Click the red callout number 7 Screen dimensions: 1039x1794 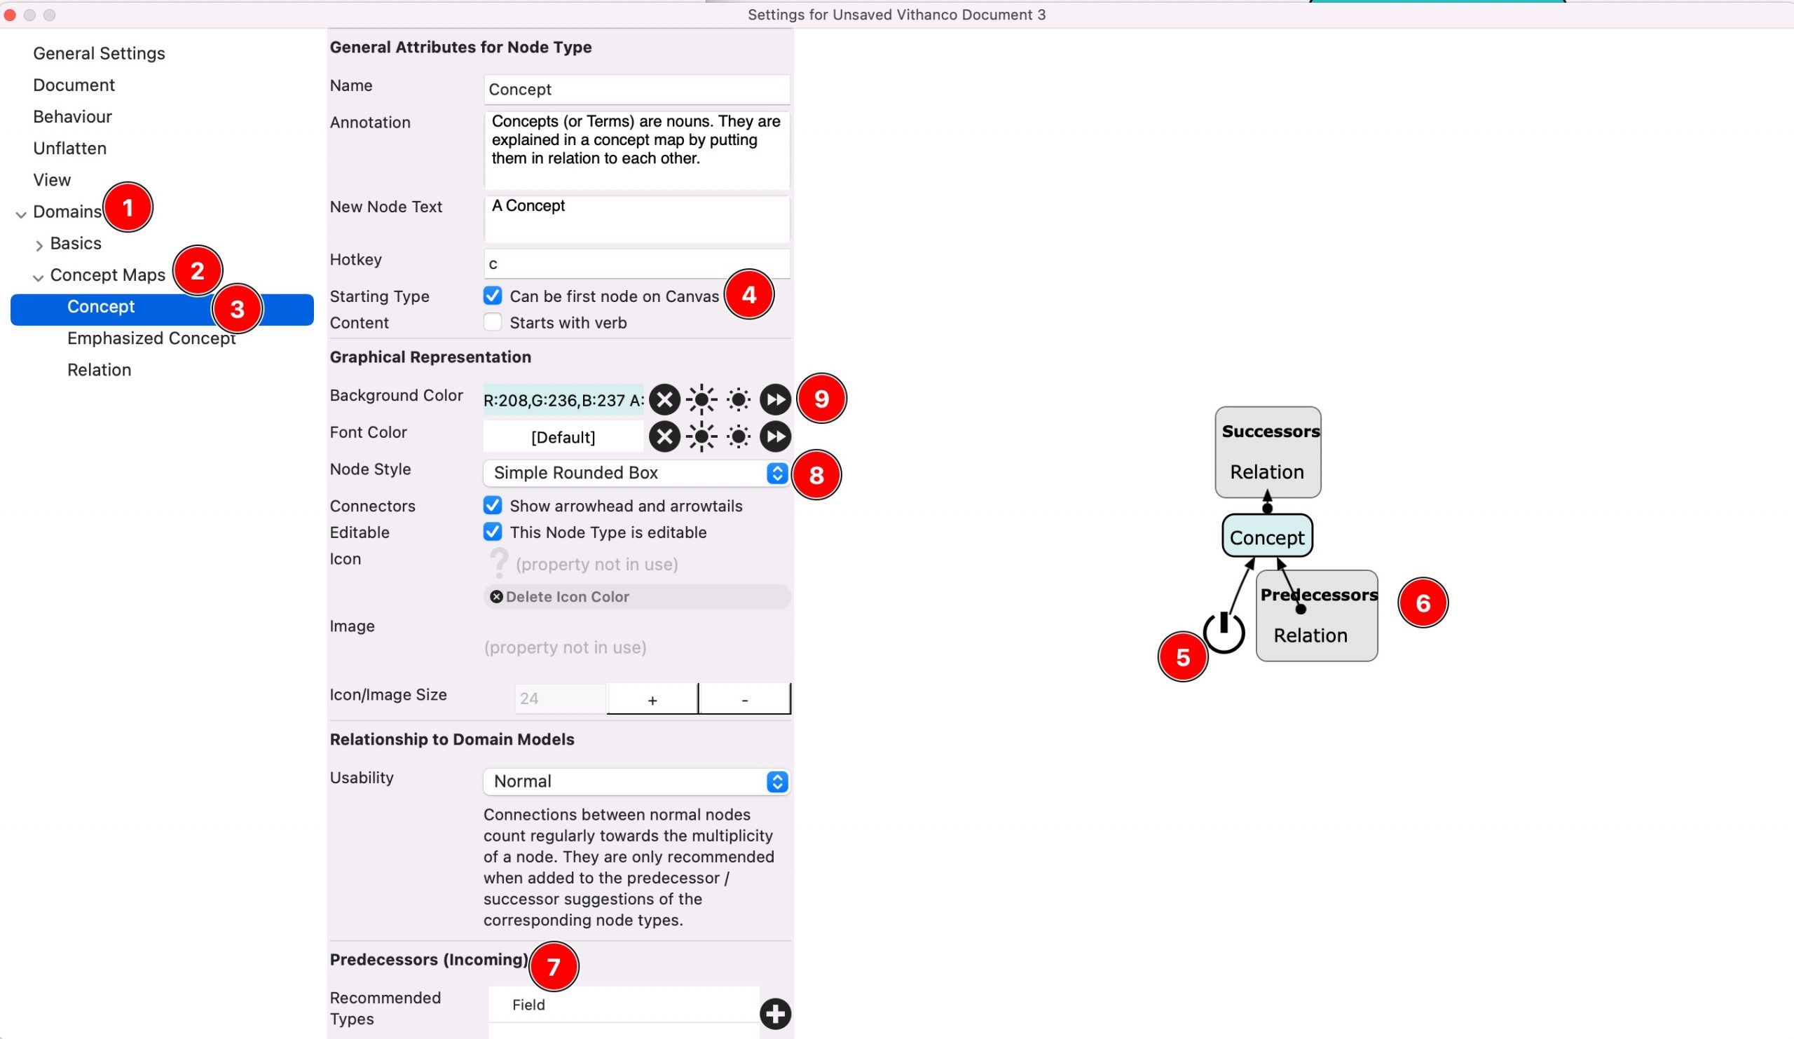[x=553, y=965]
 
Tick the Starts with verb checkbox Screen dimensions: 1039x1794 [x=492, y=322]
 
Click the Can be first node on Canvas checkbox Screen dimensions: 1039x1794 [x=492, y=296]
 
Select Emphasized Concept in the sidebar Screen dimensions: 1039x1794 [x=151, y=338]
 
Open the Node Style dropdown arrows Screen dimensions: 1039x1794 [x=776, y=472]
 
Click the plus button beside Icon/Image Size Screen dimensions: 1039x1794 [x=652, y=699]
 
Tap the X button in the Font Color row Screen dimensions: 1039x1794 [x=664, y=436]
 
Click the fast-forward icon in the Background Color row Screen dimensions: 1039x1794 [x=774, y=399]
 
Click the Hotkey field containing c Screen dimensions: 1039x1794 [x=636, y=263]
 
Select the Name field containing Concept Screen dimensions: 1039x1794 [x=636, y=89]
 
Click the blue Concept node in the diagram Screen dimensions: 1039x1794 [x=1266, y=537]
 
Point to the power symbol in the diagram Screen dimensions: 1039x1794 [x=1223, y=631]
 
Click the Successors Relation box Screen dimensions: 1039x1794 [x=1267, y=452]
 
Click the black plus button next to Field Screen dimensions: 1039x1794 [x=774, y=1013]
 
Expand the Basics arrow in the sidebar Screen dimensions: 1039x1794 [x=39, y=245]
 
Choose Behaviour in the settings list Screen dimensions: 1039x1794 [x=73, y=117]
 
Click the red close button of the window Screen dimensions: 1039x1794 [x=10, y=15]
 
